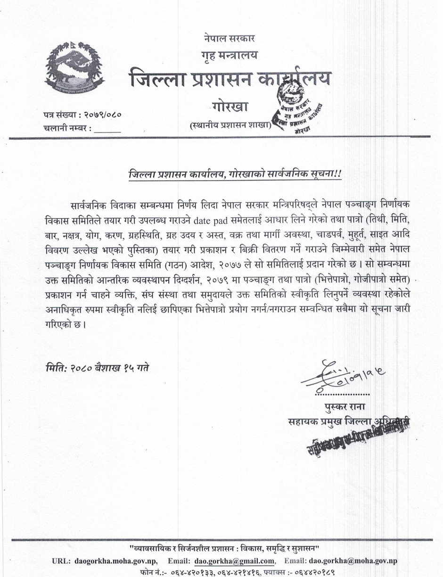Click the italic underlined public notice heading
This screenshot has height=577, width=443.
(x=234, y=174)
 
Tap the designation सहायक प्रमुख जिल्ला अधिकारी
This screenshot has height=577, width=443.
(x=349, y=421)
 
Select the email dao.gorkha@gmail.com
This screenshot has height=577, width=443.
(x=234, y=561)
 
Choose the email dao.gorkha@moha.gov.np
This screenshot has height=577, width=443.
(x=353, y=561)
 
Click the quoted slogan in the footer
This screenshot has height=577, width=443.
(x=224, y=548)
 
